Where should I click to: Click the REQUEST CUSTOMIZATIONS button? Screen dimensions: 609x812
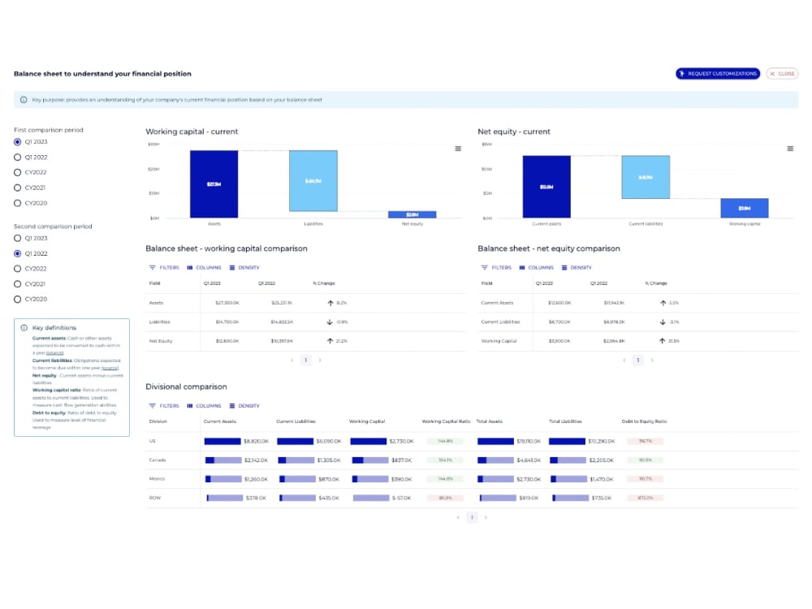click(x=718, y=74)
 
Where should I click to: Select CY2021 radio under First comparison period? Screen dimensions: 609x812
click(x=18, y=188)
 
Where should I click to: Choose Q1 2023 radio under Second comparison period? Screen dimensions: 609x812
click(x=18, y=238)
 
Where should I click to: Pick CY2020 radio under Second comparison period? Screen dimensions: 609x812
click(x=18, y=299)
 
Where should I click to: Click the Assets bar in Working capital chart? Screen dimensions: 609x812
click(x=214, y=184)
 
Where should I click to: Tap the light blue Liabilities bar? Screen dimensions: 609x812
click(x=313, y=181)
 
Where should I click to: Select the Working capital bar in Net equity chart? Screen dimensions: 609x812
click(x=744, y=208)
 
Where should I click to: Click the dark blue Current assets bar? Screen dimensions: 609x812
click(x=546, y=187)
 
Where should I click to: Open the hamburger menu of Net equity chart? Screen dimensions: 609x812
click(x=790, y=149)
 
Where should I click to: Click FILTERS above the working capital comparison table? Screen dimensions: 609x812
click(x=164, y=267)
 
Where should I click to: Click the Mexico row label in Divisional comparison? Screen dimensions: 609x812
click(x=157, y=479)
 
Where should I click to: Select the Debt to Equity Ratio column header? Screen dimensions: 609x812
click(x=644, y=421)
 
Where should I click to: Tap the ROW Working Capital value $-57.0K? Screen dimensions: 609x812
click(x=401, y=498)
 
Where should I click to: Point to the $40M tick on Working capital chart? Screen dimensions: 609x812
click(x=153, y=145)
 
